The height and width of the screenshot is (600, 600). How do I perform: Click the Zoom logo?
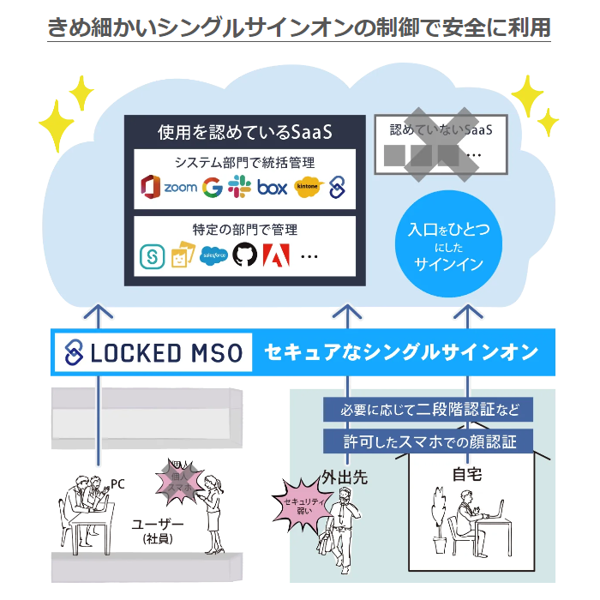pyautogui.click(x=181, y=187)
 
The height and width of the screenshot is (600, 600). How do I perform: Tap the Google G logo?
pyautogui.click(x=212, y=187)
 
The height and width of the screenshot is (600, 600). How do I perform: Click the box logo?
pyautogui.click(x=272, y=187)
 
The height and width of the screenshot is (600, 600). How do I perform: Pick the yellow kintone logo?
pyautogui.click(x=307, y=186)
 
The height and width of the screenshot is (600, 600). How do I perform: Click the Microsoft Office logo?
pyautogui.click(x=151, y=187)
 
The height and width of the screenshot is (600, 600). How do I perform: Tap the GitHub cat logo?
pyautogui.click(x=246, y=255)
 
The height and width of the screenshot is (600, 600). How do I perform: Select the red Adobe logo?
pyautogui.click(x=277, y=255)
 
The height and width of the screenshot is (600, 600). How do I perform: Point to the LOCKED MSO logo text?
pyautogui.click(x=154, y=352)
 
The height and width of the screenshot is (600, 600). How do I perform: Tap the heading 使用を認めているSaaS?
pyautogui.click(x=244, y=134)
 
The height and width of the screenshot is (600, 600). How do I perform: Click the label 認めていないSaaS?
pyautogui.click(x=441, y=131)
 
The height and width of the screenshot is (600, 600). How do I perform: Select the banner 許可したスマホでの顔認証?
pyautogui.click(x=426, y=442)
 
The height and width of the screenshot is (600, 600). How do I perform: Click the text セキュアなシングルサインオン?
pyautogui.click(x=401, y=352)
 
